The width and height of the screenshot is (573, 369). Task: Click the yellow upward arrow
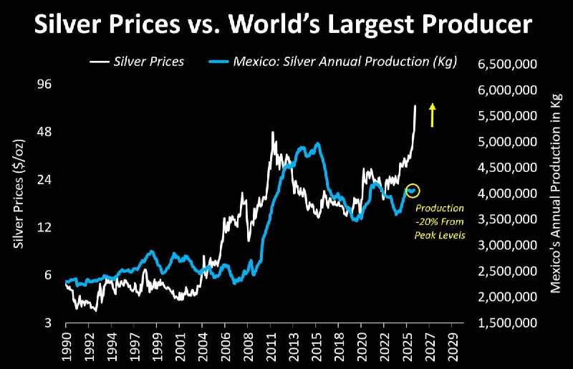pos(432,115)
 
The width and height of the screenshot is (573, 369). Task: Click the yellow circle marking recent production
pos(413,191)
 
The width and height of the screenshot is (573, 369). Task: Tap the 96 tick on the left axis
pos(44,85)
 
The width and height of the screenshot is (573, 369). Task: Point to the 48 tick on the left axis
pos(44,133)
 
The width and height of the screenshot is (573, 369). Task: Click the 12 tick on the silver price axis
pos(44,228)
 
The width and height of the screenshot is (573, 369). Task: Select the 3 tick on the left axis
pos(47,323)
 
